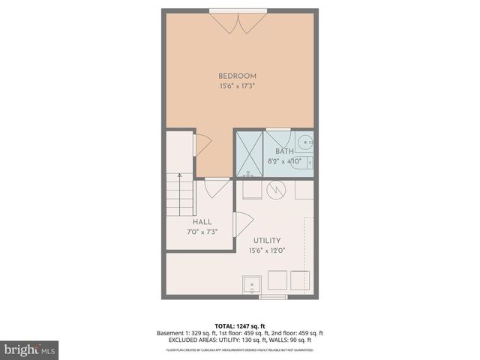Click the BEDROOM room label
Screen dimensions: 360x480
click(238, 76)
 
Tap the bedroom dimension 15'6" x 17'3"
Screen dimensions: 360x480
click(238, 87)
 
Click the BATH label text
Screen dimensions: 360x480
click(284, 151)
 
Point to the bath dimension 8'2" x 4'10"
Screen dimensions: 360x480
click(284, 161)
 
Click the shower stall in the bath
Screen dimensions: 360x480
click(250, 154)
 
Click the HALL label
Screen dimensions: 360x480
click(202, 223)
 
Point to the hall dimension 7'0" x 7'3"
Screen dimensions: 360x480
click(202, 232)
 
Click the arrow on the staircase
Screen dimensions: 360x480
click(179, 177)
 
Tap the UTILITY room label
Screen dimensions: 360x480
click(267, 239)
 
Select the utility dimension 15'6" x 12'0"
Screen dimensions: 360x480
click(267, 250)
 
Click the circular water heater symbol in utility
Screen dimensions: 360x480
click(276, 189)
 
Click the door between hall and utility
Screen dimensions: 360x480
click(242, 224)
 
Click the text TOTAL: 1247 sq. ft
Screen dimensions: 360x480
click(240, 326)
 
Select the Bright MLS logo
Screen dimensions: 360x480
click(30, 349)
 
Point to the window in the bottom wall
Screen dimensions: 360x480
click(273, 297)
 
